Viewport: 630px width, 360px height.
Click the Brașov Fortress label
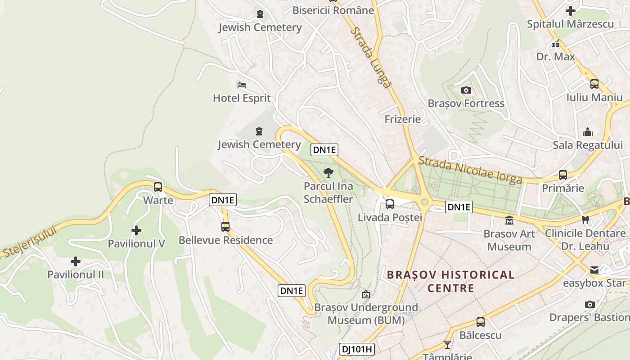coord(466,103)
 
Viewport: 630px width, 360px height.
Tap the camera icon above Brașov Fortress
coord(466,90)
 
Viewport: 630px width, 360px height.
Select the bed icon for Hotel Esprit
coord(242,85)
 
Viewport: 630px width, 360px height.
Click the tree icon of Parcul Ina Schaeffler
coord(328,172)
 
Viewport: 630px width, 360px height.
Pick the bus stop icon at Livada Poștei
coord(390,204)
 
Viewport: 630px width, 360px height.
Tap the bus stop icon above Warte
coord(158,187)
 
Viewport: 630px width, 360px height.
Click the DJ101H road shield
coord(357,349)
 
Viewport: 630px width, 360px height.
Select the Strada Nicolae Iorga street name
coord(470,170)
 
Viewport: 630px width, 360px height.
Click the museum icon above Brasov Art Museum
coord(509,220)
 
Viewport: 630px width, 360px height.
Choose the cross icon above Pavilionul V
coord(136,230)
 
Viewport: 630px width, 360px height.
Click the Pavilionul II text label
coord(76,274)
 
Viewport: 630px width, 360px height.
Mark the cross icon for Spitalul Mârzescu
coord(571,11)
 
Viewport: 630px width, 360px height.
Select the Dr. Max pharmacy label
coord(556,57)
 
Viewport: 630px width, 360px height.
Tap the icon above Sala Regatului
coord(588,132)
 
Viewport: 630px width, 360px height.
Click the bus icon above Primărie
coord(563,175)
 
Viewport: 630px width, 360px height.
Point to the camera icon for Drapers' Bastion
coord(590,305)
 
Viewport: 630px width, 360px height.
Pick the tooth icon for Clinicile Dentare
coord(585,220)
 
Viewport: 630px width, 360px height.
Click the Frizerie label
coord(403,119)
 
